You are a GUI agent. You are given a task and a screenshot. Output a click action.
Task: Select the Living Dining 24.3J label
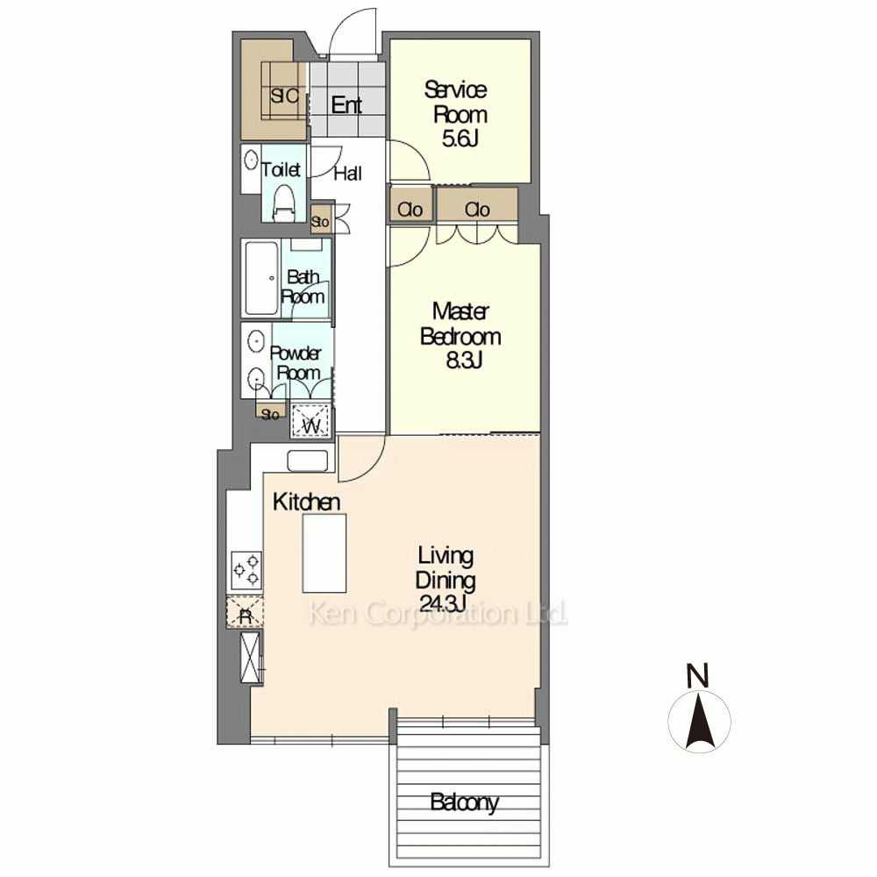446,579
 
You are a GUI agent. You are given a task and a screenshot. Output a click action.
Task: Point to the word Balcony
464,802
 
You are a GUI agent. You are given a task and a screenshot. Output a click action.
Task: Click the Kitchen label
306,502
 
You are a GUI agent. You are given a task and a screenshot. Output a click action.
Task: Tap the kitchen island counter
324,553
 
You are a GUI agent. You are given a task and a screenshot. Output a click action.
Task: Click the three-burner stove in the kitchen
246,571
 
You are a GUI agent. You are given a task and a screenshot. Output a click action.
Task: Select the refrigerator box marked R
245,612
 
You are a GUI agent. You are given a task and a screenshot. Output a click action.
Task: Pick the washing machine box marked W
311,420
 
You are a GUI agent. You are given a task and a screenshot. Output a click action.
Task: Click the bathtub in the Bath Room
261,278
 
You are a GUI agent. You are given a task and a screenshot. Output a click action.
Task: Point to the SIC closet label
284,96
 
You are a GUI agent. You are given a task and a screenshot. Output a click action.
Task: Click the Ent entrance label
346,104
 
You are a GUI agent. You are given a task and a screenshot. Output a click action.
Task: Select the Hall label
348,174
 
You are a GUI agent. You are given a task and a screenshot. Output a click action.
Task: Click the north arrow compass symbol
699,720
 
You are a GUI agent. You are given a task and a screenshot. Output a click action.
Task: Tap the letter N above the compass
697,674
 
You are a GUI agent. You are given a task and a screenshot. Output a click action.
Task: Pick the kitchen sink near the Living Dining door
308,460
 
